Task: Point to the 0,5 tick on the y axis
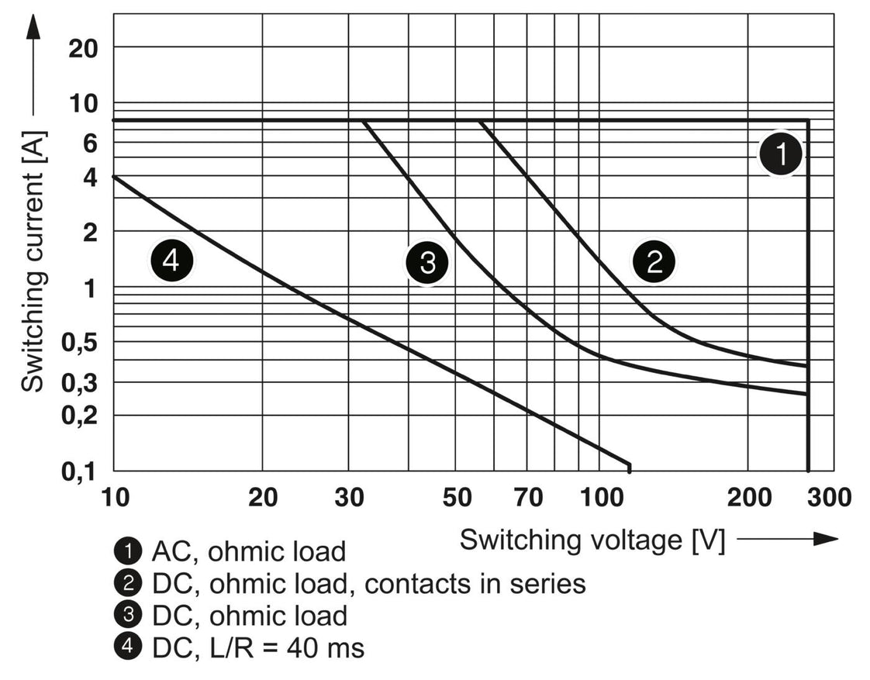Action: [78, 342]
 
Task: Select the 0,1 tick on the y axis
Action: [78, 471]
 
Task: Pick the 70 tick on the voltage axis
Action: [530, 497]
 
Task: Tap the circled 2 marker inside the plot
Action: [654, 262]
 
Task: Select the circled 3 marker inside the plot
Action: [426, 262]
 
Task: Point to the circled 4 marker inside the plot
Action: [171, 262]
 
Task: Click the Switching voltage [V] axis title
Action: [592, 540]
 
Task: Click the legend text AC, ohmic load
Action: [248, 551]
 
